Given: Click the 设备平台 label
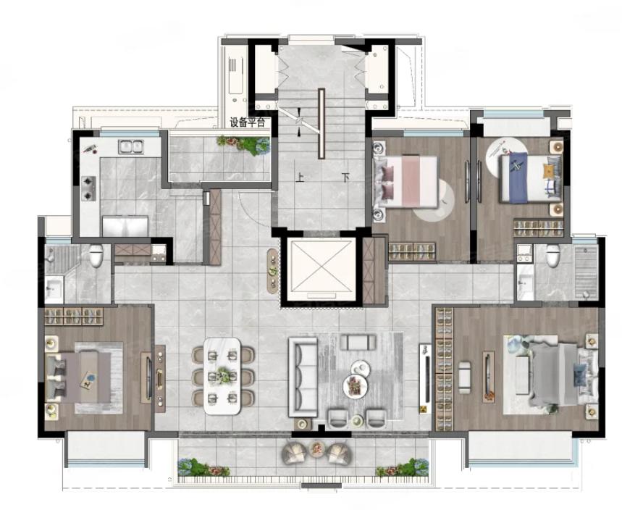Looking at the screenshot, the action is (x=247, y=122).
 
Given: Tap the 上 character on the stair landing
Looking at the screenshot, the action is (x=300, y=177).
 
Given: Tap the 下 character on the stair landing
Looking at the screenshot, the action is (x=345, y=177).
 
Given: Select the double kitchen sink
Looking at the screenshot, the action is (x=130, y=147).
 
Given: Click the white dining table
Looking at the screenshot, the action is (x=222, y=375).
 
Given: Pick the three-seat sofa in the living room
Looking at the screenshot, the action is (x=303, y=377).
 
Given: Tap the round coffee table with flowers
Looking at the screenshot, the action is (x=356, y=385).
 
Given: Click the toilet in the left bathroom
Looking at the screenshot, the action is (x=96, y=256).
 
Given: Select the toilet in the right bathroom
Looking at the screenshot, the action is (x=553, y=256).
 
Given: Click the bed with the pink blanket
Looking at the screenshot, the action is (x=405, y=182).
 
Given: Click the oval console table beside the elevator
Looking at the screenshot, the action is (x=272, y=271).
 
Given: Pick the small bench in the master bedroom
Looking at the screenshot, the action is (x=465, y=377).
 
